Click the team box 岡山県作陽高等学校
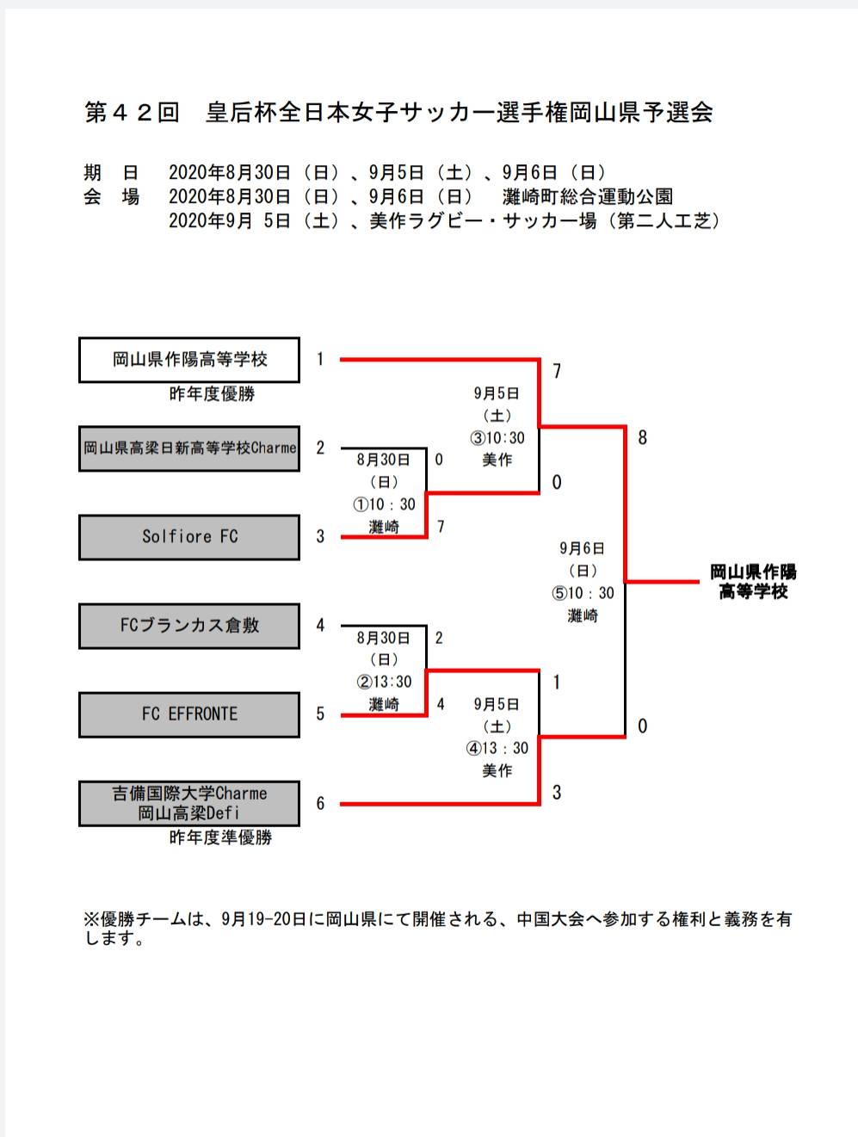(189, 360)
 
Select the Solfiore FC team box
(189, 537)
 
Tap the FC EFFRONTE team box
(189, 714)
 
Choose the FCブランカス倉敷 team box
(189, 626)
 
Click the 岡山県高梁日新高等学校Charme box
(189, 448)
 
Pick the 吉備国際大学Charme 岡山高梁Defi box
(189, 803)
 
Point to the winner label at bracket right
(753, 582)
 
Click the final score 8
(642, 438)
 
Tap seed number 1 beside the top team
(320, 360)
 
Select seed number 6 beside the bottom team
(320, 803)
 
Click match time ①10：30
(384, 504)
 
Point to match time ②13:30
(384, 682)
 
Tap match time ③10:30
(497, 438)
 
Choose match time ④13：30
(497, 748)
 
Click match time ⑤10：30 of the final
(583, 593)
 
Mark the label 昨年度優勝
(212, 394)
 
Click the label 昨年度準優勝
(220, 837)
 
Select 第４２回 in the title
(132, 113)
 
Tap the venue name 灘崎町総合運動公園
(587, 197)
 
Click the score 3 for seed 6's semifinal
(557, 793)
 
